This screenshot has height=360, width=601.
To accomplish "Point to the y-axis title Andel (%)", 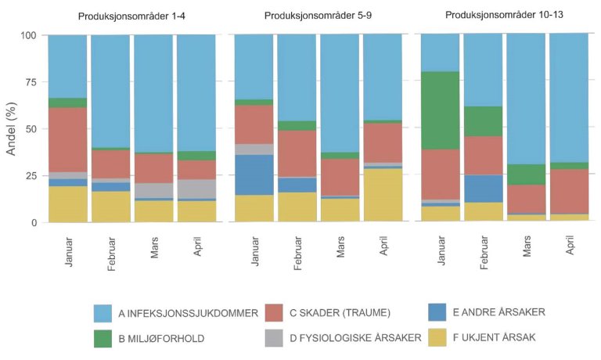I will point(12,128).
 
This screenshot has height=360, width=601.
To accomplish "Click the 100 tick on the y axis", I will point(28,35).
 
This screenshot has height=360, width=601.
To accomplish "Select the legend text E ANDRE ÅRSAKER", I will point(498,312).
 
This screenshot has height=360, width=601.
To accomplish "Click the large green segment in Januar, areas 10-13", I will point(441,110).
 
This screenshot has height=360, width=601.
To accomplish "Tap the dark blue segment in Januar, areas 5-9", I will point(255,175).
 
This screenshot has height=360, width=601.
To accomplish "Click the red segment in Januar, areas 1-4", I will point(67,139).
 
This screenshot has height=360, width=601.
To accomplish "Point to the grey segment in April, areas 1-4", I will point(196,189).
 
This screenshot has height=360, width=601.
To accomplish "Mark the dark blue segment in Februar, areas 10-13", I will point(484,189).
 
